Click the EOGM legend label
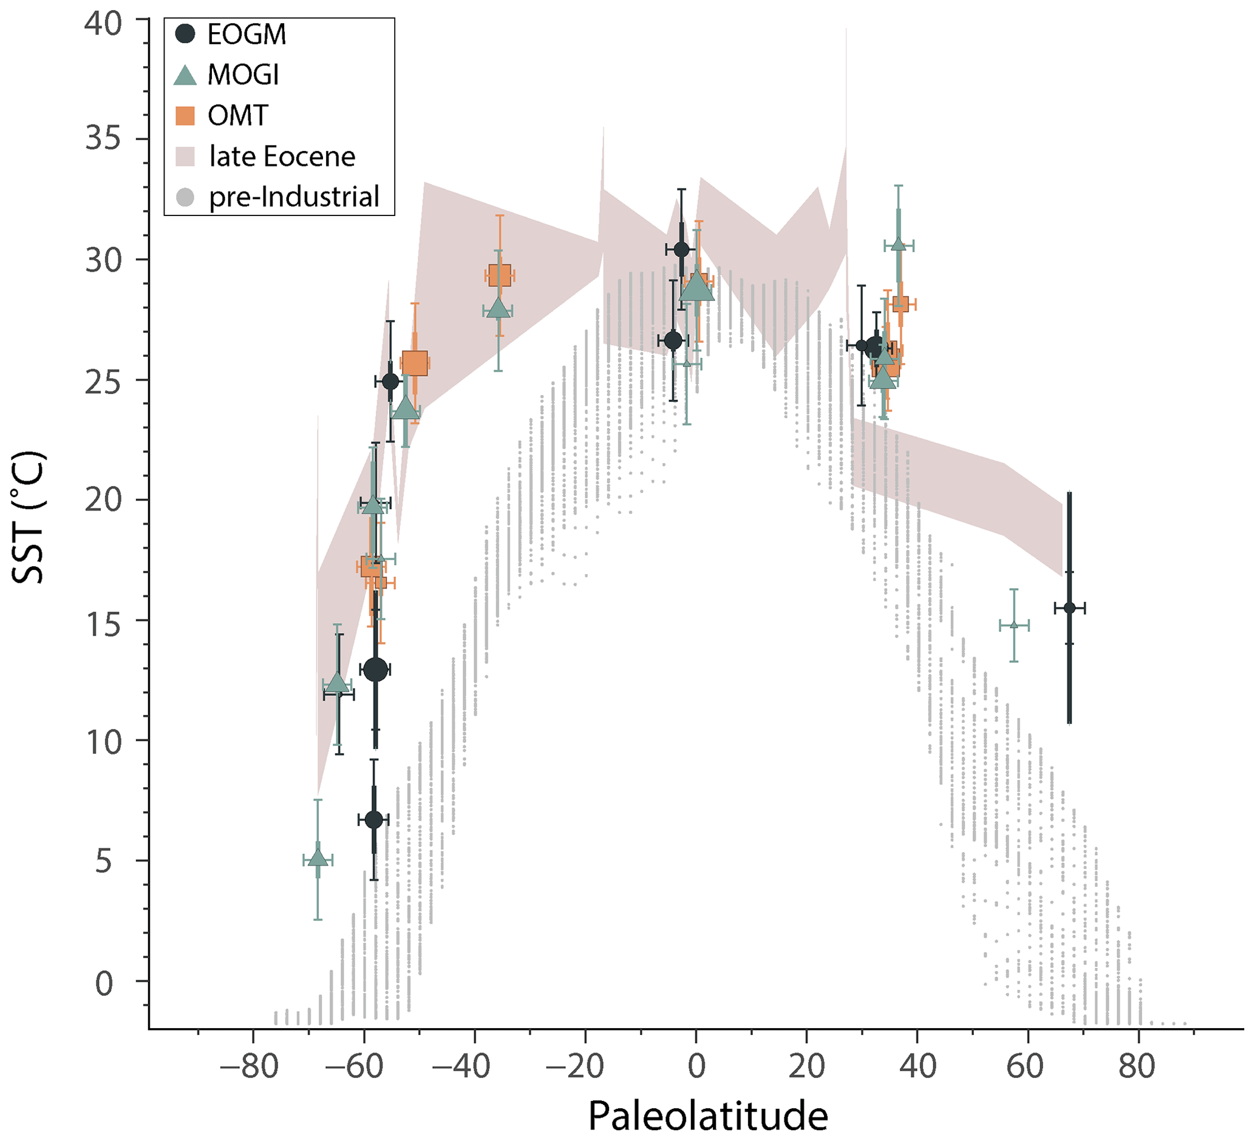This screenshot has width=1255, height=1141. (247, 35)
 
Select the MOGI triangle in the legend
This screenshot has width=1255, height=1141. (185, 75)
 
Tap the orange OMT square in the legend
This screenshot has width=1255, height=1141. (185, 116)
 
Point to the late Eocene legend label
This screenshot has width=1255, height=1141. (282, 157)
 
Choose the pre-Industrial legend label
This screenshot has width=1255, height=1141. (294, 197)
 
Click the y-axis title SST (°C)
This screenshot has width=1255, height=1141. (28, 518)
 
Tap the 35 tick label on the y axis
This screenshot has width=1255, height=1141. (103, 139)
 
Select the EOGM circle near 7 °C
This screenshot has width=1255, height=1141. (373, 820)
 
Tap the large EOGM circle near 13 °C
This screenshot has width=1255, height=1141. (375, 669)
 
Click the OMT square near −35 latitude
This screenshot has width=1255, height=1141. (499, 276)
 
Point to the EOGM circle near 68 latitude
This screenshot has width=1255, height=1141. (1069, 608)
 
